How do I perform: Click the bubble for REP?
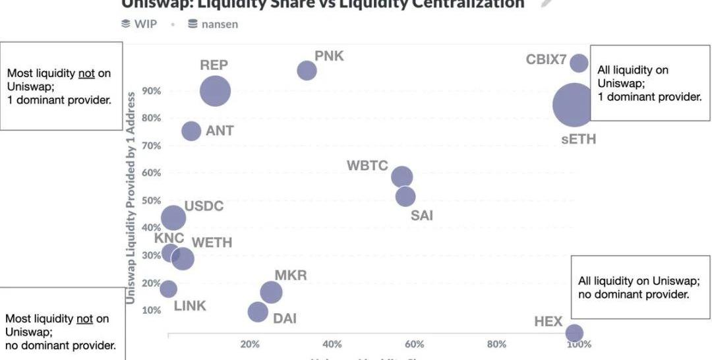pyautogui.click(x=215, y=91)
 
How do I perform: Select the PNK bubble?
pyautogui.click(x=307, y=71)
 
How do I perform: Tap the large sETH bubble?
pyautogui.click(x=574, y=104)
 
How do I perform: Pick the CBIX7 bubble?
pyautogui.click(x=579, y=63)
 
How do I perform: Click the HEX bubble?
pyautogui.click(x=574, y=333)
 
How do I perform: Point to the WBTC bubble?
pyautogui.click(x=402, y=177)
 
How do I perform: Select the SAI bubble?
pyautogui.click(x=405, y=196)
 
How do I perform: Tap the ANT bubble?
pyautogui.click(x=191, y=131)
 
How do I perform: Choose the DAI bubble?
pyautogui.click(x=258, y=311)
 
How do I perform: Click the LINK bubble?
pyautogui.click(x=169, y=289)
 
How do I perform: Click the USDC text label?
pyautogui.click(x=204, y=206)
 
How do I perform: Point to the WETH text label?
pyautogui.click(x=212, y=243)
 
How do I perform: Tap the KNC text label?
pyautogui.click(x=169, y=238)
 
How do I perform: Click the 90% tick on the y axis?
pyautogui.click(x=151, y=91)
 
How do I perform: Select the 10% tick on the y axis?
pyautogui.click(x=151, y=311)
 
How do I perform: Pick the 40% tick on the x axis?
pyautogui.click(x=332, y=344)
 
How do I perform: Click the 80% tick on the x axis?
pyautogui.click(x=496, y=344)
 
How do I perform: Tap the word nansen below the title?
pyautogui.click(x=220, y=24)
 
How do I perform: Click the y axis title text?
pyautogui.click(x=131, y=198)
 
